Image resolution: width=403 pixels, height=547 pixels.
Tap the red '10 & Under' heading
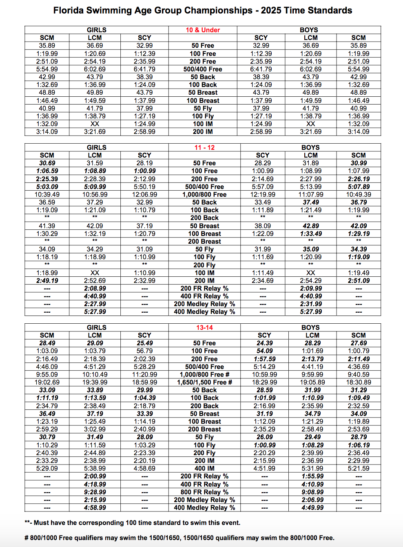[203, 30]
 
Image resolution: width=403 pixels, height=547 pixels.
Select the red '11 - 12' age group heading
[204, 147]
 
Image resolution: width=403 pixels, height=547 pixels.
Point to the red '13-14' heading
[204, 327]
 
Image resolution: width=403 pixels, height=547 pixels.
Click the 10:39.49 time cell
[47, 195]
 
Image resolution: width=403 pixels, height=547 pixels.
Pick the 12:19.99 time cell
[263, 195]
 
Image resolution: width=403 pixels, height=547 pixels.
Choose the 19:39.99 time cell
[95, 382]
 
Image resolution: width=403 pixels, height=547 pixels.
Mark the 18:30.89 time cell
[359, 382]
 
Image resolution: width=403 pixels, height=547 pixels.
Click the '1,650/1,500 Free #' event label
[204, 382]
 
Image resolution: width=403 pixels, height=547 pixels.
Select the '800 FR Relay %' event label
[204, 492]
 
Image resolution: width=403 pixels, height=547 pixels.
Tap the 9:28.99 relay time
[95, 492]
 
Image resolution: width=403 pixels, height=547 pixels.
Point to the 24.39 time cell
[264, 343]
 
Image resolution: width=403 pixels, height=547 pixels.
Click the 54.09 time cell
[264, 351]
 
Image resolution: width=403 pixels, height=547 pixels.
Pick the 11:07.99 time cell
[310, 195]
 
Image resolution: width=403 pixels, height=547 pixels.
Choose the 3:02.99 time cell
[95, 429]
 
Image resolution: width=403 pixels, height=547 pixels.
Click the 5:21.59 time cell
[359, 469]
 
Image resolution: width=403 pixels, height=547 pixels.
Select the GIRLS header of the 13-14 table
[96, 327]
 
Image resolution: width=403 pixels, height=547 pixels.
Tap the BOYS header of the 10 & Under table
[309, 30]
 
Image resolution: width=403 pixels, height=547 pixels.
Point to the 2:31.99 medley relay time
[310, 304]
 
